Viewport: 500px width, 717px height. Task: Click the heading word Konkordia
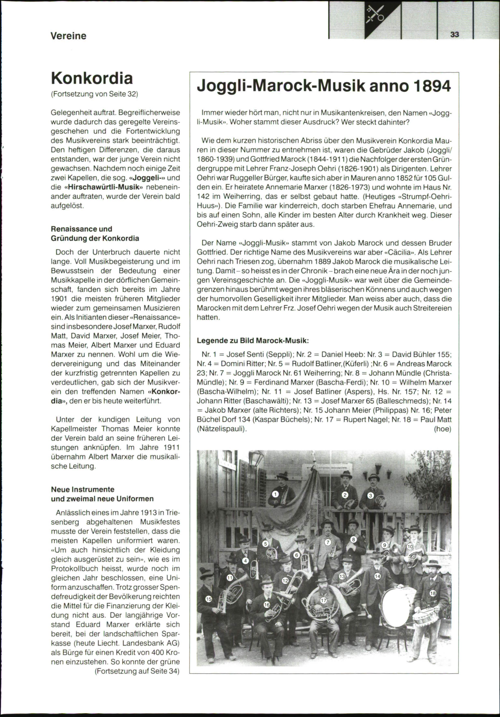[92, 78]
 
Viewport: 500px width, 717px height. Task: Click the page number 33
[454, 35]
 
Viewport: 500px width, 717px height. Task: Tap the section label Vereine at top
[68, 36]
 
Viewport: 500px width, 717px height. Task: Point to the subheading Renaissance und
[81, 229]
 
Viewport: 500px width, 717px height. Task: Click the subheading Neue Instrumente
[82, 489]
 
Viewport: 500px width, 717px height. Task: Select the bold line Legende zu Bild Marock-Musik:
[252, 340]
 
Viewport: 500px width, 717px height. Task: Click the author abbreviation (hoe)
[442, 429]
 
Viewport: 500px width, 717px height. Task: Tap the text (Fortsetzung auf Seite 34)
[137, 671]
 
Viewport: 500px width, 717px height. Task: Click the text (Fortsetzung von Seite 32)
[94, 94]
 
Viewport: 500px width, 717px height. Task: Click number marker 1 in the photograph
[275, 494]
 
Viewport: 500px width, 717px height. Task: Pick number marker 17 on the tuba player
[324, 600]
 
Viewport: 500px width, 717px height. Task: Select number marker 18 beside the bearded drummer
[432, 593]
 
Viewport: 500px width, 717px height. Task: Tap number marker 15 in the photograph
[209, 599]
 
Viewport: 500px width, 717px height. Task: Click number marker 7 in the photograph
[328, 542]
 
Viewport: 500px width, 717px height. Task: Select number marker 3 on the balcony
[370, 496]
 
